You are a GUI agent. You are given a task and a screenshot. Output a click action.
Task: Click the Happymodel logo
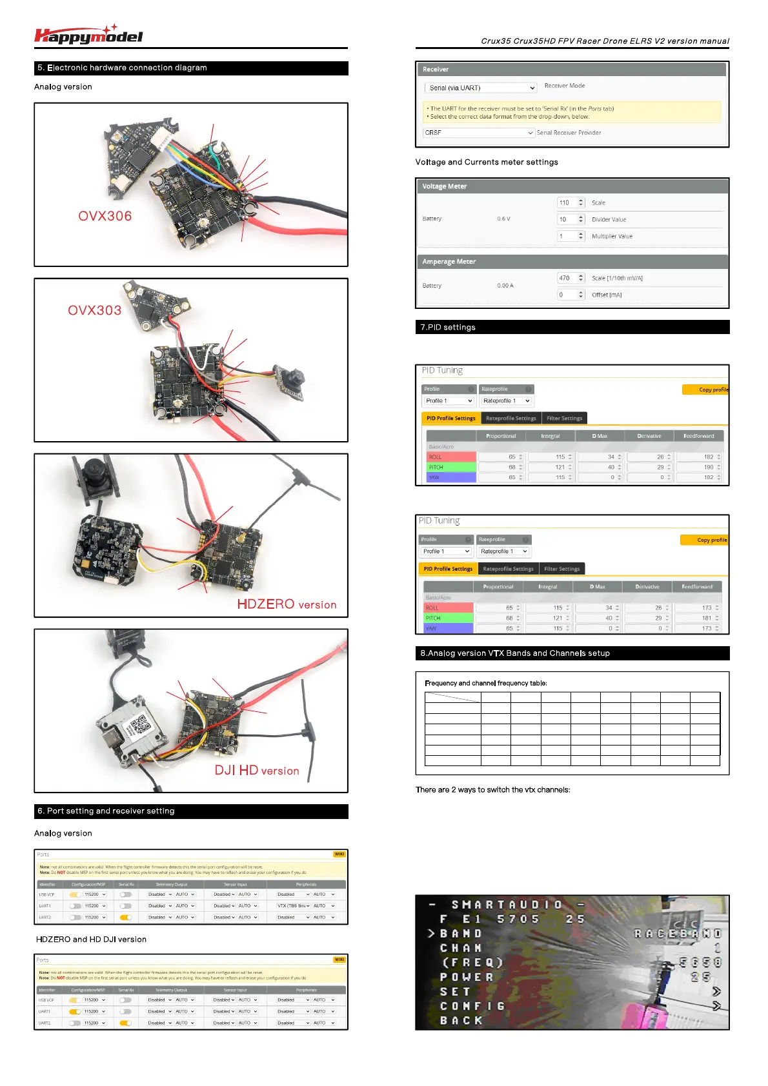88,35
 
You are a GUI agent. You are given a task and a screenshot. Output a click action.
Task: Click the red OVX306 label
105,216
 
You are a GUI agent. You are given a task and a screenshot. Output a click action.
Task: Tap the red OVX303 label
94,310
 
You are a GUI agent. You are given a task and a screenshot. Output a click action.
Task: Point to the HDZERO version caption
287,604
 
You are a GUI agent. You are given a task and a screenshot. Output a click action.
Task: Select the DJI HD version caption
256,771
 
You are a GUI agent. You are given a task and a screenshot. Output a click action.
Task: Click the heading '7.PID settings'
448,328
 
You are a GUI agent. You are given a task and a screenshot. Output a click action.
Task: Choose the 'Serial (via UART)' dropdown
481,88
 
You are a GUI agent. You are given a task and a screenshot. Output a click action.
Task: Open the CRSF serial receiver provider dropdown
479,133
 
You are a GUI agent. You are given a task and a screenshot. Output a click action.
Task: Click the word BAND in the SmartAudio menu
461,934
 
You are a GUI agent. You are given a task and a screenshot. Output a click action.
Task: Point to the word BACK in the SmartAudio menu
461,1020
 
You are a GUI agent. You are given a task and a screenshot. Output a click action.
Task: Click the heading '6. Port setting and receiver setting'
106,811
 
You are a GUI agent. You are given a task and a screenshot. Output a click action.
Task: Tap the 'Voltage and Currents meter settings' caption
487,163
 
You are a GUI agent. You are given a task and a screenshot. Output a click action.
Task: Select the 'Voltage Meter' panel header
445,186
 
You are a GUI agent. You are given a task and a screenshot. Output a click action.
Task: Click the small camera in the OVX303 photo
290,380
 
